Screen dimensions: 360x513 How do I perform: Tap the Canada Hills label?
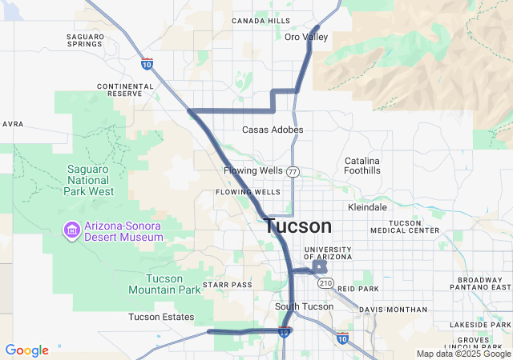click(x=261, y=21)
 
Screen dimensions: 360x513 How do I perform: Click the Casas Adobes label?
click(x=273, y=130)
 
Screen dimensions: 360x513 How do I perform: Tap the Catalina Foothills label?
click(x=362, y=166)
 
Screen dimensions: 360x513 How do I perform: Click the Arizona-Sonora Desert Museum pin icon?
click(x=71, y=230)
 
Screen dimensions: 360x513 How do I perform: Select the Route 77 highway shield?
click(x=293, y=172)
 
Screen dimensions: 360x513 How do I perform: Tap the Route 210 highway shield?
click(x=325, y=283)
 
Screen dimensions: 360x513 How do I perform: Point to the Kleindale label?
click(x=368, y=207)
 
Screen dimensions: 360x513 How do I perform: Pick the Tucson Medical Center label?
click(x=414, y=226)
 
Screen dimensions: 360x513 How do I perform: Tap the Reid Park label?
click(x=357, y=288)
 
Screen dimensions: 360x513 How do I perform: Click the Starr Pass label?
click(x=227, y=285)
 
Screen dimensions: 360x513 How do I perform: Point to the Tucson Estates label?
click(x=160, y=317)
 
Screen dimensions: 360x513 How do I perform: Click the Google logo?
click(x=26, y=350)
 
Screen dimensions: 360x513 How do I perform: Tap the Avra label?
click(x=13, y=124)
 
